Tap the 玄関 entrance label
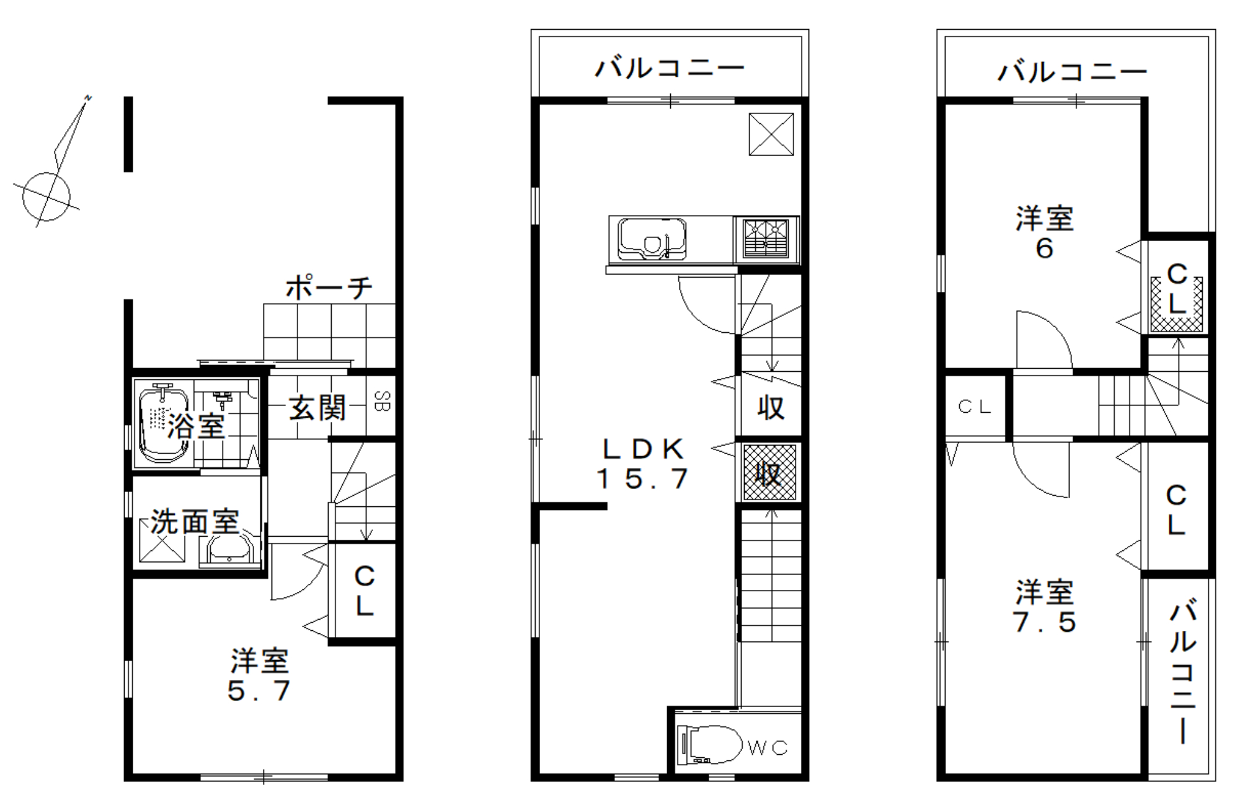[x=317, y=408]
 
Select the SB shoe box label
[x=382, y=402]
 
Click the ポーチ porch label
[x=329, y=288]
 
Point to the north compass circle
[x=46, y=196]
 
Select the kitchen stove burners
[x=766, y=239]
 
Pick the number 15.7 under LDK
[x=642, y=478]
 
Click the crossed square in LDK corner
[x=771, y=134]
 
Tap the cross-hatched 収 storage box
[x=769, y=472]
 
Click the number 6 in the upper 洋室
[x=1044, y=249]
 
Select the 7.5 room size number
[x=1045, y=622]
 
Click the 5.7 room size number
[x=259, y=690]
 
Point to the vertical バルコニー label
[x=1183, y=671]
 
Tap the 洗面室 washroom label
[x=195, y=522]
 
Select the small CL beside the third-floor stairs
[x=975, y=407]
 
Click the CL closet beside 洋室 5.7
[x=365, y=591]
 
